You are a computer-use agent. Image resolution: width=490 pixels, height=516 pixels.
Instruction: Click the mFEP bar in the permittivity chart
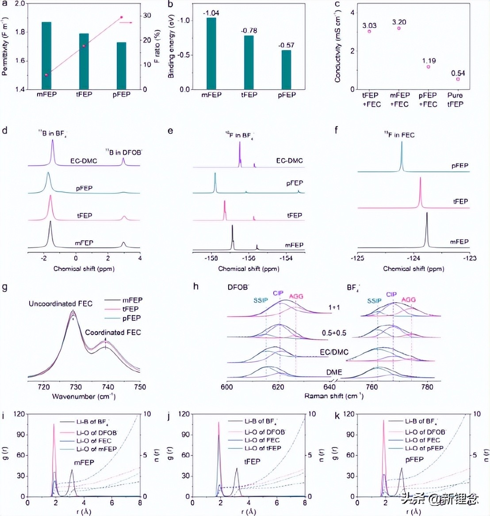tap(46, 55)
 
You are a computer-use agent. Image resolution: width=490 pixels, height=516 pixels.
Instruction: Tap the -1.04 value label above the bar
tap(211, 13)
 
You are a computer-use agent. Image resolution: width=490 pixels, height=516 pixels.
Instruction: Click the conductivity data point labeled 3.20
tap(399, 28)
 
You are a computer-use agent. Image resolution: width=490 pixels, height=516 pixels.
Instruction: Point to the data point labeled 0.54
tap(458, 79)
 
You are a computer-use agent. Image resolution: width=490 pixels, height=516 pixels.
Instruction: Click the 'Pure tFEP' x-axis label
tap(455, 100)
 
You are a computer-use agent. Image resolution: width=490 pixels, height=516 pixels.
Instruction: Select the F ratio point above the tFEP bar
tap(84, 46)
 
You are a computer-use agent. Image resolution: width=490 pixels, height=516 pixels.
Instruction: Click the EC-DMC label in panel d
tap(84, 161)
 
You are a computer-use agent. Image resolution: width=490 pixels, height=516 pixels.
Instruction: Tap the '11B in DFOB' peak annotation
tap(124, 152)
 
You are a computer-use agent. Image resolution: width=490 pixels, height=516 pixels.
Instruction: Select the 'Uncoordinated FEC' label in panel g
tap(61, 304)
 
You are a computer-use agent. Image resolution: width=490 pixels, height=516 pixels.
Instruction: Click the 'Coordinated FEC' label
tap(113, 332)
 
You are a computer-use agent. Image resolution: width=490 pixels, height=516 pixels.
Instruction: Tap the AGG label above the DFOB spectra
tap(296, 296)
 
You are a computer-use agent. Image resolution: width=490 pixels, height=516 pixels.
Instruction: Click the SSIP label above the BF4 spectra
tap(374, 300)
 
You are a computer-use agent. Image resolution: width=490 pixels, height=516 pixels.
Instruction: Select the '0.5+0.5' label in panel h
tap(334, 333)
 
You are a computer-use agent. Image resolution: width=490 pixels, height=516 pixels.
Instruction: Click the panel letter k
tap(338, 416)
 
